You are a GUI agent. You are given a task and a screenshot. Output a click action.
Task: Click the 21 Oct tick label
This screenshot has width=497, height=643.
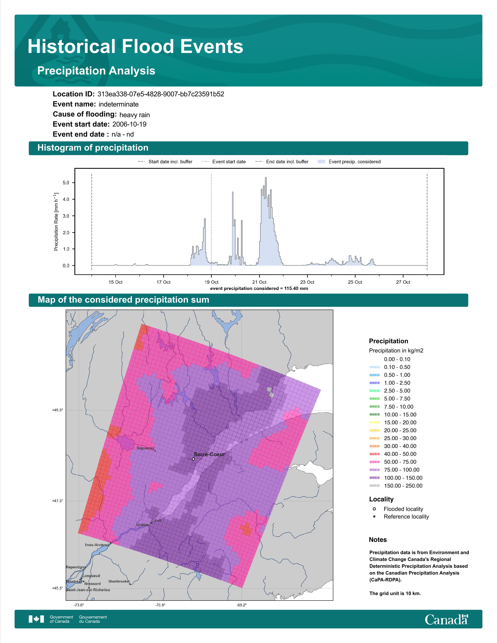[259, 282]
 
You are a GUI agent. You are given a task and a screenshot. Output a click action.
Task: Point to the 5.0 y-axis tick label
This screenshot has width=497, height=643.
[66, 183]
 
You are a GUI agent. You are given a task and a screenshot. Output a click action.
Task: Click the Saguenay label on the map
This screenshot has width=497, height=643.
[145, 448]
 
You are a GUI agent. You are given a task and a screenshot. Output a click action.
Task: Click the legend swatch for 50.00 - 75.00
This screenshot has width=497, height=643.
[374, 462]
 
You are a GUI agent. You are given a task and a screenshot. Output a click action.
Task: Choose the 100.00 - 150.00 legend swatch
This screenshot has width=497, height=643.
[374, 478]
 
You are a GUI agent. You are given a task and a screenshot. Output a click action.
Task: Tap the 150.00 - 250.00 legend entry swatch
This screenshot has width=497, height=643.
[374, 486]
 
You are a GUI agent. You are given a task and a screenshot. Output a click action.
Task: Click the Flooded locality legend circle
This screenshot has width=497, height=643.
[374, 509]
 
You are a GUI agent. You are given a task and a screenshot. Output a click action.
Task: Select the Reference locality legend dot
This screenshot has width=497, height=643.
[374, 516]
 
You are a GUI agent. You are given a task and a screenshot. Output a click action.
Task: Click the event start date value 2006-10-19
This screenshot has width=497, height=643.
[129, 124]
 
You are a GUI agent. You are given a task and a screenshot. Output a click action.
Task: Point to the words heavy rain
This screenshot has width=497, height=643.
[134, 115]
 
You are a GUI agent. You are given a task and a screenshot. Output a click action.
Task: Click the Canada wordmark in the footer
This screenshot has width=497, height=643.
[446, 619]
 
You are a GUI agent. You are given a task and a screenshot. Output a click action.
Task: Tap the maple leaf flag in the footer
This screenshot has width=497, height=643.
[36, 619]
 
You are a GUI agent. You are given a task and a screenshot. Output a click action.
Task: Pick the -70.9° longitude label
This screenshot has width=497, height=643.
[160, 605]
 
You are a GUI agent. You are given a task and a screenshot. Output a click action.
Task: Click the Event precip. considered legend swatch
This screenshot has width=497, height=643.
[322, 162]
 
